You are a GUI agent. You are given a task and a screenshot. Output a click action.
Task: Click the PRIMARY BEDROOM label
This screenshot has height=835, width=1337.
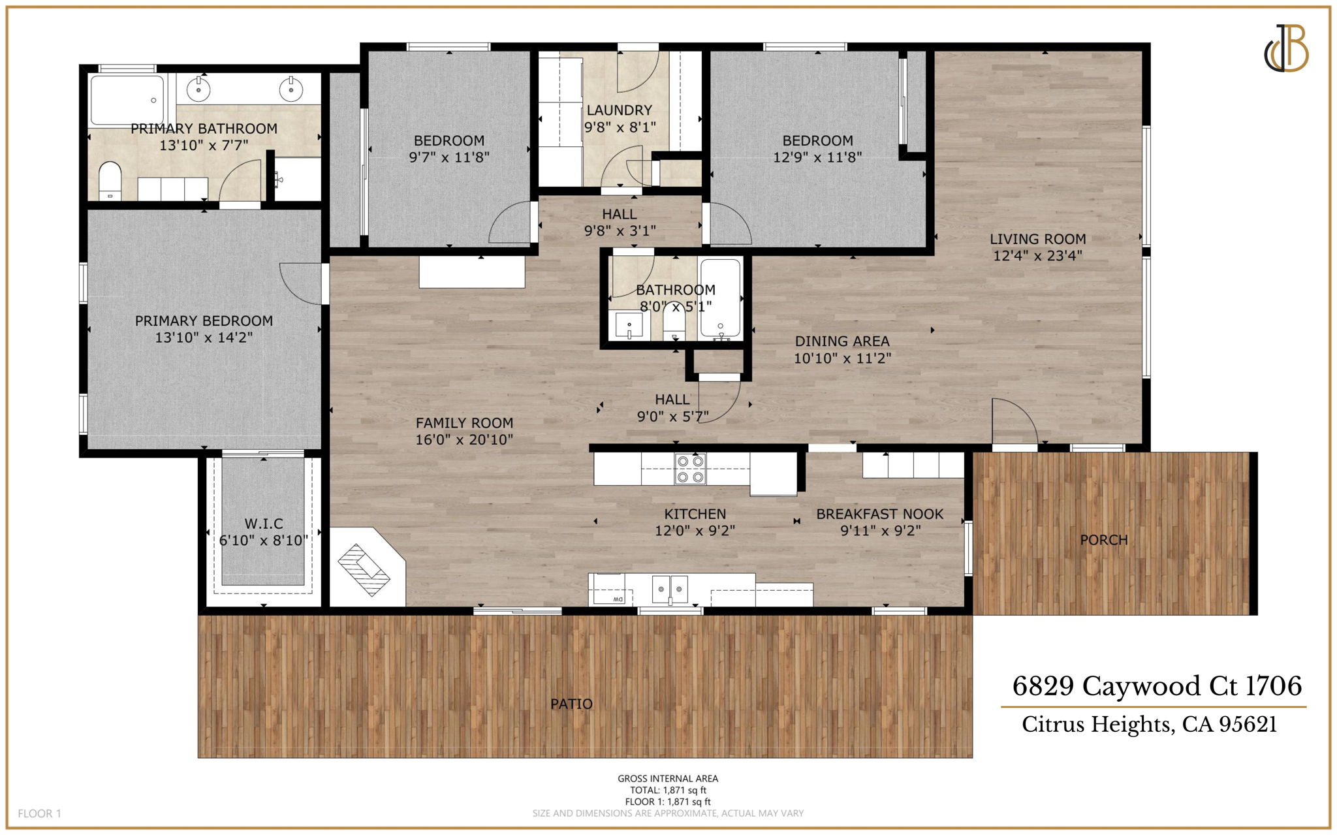point(204,321)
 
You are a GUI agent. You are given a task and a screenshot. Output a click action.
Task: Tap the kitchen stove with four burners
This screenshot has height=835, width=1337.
point(690,469)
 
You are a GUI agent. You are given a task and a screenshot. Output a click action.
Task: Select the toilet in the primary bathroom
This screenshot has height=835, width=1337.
point(110,180)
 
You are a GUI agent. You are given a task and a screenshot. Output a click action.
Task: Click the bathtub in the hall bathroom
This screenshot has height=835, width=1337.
point(721,298)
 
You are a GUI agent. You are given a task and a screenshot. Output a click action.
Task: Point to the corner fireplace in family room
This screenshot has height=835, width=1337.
point(364,569)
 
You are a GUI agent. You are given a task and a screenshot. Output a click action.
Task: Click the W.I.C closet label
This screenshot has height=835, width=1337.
point(264,524)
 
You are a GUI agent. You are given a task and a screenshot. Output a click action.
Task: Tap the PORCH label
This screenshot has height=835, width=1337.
point(1103,540)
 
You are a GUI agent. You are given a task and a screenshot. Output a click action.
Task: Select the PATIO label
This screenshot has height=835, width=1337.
point(571,704)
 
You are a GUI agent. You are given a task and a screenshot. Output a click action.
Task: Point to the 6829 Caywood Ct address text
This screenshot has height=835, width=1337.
point(1156,686)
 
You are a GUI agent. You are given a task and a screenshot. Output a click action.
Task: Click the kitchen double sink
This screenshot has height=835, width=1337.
point(670,590)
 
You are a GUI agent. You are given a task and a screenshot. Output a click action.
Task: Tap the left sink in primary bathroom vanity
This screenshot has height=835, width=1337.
point(198,89)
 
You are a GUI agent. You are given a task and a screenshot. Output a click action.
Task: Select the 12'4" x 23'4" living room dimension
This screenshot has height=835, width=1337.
point(1037,256)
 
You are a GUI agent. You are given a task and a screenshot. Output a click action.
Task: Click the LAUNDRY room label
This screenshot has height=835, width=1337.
point(619,110)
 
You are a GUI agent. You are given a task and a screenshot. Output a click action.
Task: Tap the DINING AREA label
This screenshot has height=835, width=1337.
point(842,341)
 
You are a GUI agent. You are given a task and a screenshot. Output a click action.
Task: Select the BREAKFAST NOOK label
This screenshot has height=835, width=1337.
point(879,514)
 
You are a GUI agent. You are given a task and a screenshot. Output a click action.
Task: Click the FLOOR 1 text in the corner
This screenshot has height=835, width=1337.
point(39,813)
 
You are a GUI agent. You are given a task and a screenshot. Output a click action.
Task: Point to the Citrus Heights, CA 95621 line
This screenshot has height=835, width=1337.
point(1149,725)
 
